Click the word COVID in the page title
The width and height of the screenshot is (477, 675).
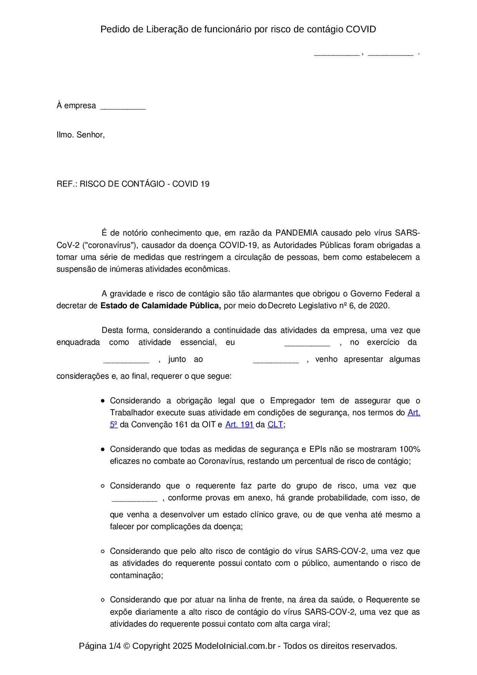[360, 29]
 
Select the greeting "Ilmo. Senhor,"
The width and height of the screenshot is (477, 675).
[80, 135]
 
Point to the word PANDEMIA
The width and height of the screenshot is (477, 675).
[296, 233]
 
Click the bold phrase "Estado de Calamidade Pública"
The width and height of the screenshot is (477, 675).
[160, 306]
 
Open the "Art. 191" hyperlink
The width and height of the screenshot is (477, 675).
[239, 424]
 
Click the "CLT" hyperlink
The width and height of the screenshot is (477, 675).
[275, 424]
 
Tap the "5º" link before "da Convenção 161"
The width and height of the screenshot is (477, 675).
[113, 424]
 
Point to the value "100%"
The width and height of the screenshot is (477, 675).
[410, 449]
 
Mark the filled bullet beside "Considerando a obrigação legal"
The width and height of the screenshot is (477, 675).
[103, 401]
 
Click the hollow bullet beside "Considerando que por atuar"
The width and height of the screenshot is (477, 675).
[103, 600]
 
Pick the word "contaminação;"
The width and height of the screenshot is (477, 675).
[136, 575]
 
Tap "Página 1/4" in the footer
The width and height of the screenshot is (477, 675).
[100, 646]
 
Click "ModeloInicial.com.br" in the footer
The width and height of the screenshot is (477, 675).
[235, 646]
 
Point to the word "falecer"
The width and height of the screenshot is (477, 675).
[122, 526]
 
